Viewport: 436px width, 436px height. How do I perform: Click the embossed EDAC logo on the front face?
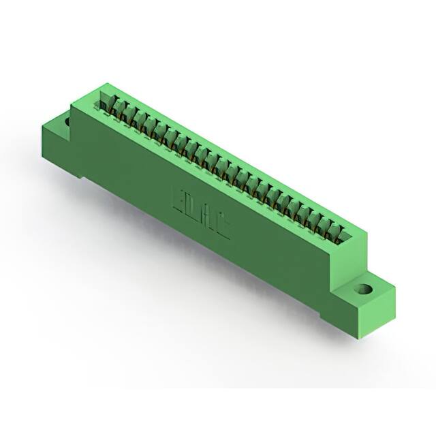tap(202, 211)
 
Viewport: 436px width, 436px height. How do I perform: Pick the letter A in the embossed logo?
tap(208, 217)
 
